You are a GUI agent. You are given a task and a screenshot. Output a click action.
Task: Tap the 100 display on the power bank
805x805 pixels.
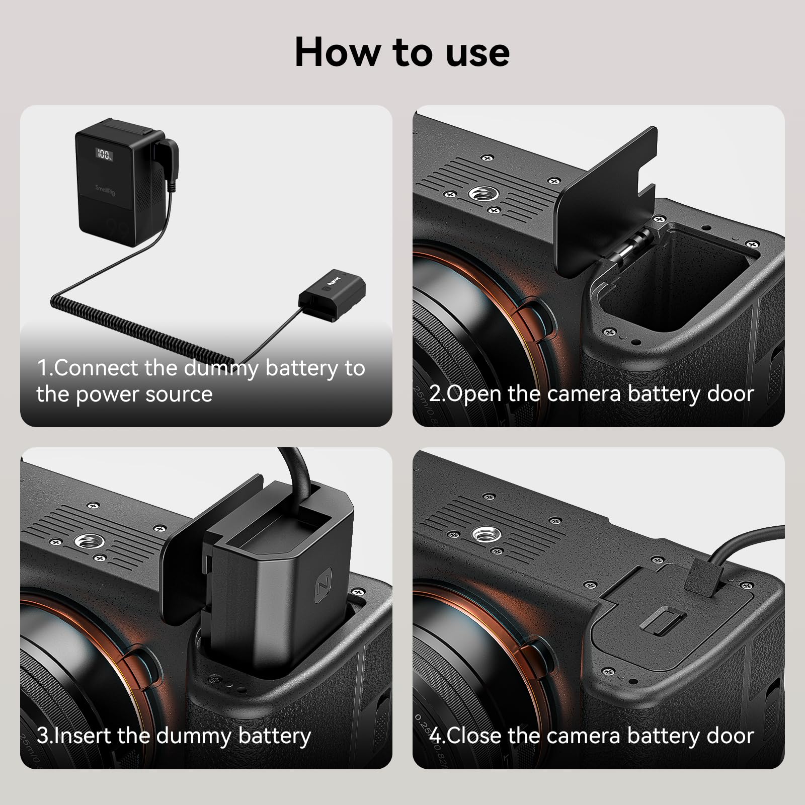[x=104, y=154]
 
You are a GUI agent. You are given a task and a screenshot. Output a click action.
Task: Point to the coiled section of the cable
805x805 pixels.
[x=141, y=327]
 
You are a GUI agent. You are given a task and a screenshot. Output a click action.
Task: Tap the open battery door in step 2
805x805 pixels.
[x=604, y=201]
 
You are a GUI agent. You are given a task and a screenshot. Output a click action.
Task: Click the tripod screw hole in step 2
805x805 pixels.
[x=481, y=193]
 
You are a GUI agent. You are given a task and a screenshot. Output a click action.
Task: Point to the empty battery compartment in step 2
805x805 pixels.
[x=679, y=282]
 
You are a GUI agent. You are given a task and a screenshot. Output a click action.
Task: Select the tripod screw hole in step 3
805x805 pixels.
[x=90, y=542]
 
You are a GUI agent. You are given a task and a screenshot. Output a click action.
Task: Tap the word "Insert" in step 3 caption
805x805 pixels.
[x=83, y=736]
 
